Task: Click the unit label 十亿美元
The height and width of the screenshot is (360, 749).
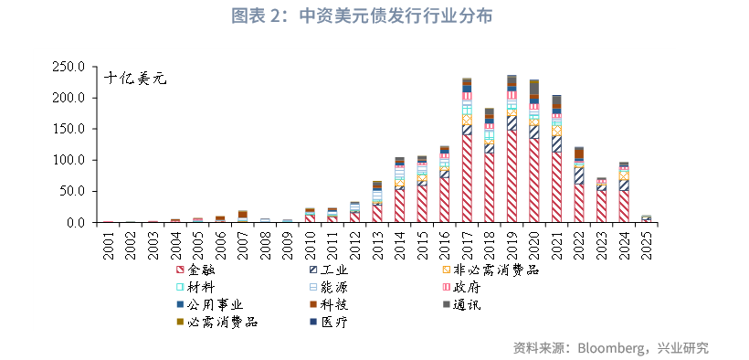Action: pos(134,79)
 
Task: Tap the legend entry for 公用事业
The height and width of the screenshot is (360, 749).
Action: pos(215,304)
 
